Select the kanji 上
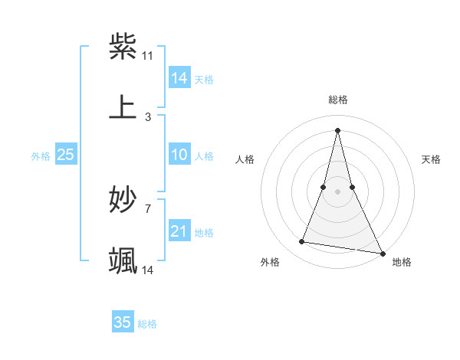click(123, 106)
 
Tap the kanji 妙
click(123, 200)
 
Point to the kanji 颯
click(123, 260)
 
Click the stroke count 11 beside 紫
click(148, 56)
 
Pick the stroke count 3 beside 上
click(148, 116)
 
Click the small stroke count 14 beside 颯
click(148, 270)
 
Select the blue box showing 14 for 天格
click(179, 78)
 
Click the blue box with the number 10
click(179, 155)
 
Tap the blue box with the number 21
click(179, 231)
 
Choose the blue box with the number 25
click(66, 155)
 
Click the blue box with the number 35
click(123, 322)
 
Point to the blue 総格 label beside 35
click(147, 324)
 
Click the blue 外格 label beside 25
click(41, 155)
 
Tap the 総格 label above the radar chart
click(338, 100)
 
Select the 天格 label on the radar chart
click(432, 159)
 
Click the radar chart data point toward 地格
click(382, 253)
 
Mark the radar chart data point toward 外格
click(302, 242)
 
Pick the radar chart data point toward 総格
click(338, 130)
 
